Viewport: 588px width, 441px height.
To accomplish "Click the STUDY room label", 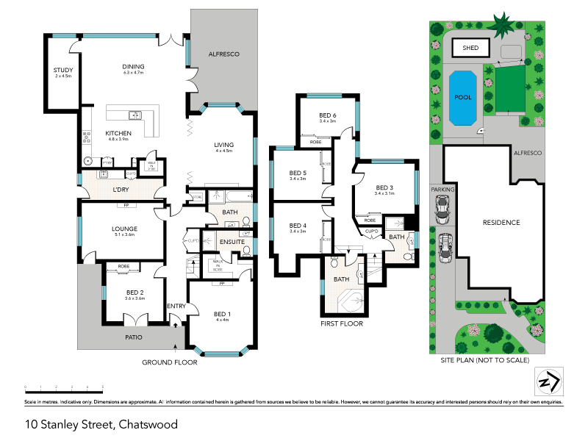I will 62,71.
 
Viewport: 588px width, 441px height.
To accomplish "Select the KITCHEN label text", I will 118,133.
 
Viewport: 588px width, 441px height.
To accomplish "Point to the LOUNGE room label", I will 124,229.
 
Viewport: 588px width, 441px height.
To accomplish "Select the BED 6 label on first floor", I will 327,115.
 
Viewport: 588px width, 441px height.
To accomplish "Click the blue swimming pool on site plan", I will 462,98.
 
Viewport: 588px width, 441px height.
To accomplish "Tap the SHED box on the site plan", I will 470,48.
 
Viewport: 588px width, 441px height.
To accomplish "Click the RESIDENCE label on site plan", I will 501,222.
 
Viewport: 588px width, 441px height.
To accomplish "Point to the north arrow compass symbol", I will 546,381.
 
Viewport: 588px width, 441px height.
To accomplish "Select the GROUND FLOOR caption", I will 168,362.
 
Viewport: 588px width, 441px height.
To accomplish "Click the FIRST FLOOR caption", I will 342,323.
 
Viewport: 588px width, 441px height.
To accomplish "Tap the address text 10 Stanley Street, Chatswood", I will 101,424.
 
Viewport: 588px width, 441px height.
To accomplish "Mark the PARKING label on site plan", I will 443,189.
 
